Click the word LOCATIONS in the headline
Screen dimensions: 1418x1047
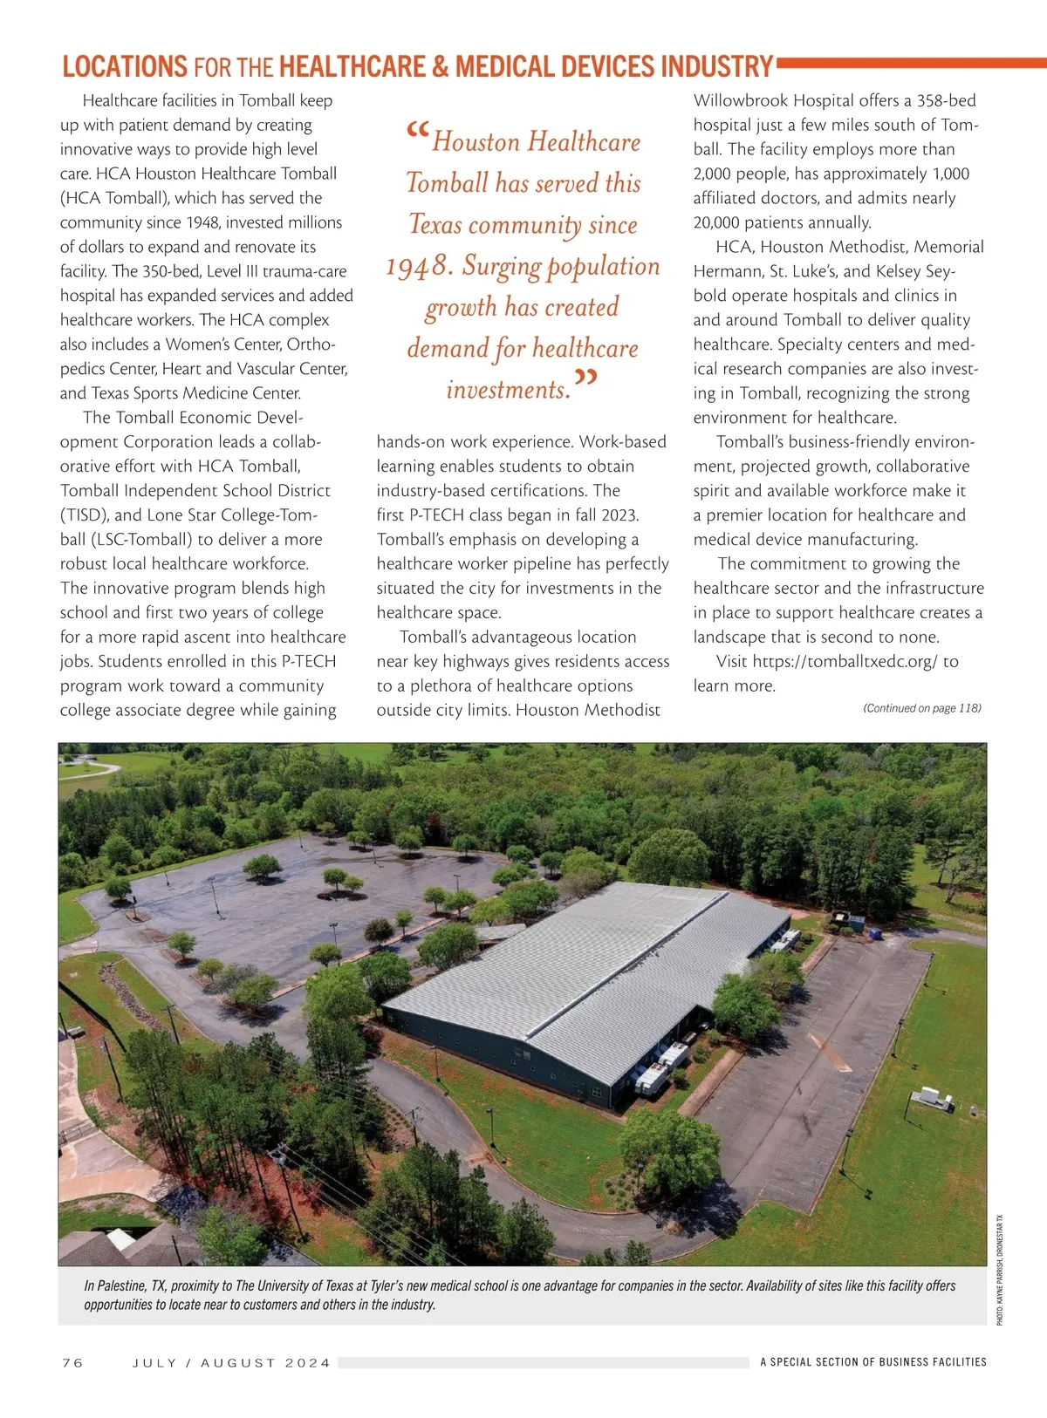pos(125,66)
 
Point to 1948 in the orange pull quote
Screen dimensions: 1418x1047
pos(419,266)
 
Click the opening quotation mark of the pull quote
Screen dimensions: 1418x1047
pos(417,134)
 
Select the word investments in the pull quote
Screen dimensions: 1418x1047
pos(508,389)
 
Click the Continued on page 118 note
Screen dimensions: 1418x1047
pos(921,708)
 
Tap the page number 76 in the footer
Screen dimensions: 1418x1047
pos(72,1362)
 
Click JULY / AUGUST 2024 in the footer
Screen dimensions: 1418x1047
pos(231,1362)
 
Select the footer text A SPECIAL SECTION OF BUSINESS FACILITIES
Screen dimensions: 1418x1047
pos(872,1361)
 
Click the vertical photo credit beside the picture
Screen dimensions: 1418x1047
pos(1000,1270)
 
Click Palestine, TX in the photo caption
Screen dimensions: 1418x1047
pos(131,1285)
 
